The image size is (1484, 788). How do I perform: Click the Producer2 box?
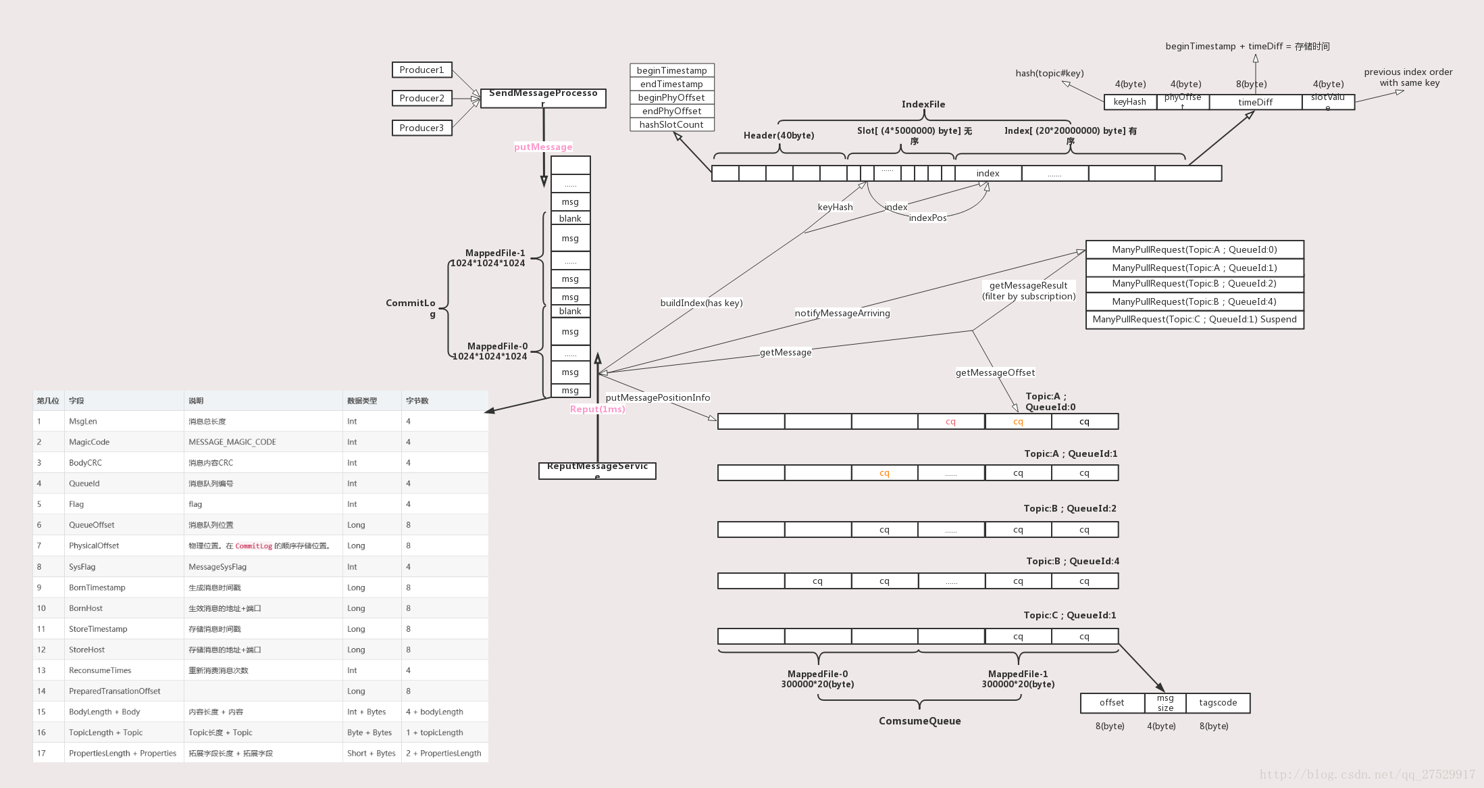point(421,98)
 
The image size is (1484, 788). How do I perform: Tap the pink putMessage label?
point(542,147)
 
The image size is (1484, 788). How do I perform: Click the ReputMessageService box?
point(597,470)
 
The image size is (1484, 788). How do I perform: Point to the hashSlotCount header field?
point(671,124)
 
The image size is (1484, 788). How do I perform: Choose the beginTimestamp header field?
point(671,70)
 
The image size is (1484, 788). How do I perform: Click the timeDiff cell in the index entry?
point(1255,102)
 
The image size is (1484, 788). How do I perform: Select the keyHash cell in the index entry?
point(1129,102)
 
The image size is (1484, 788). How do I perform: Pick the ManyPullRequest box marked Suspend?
point(1194,319)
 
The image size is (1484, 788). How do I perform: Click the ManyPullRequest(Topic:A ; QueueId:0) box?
point(1194,249)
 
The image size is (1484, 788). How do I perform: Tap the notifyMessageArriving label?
point(842,313)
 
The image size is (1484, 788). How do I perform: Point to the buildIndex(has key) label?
point(701,303)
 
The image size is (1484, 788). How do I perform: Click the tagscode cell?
point(1218,703)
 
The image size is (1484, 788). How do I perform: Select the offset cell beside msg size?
point(1112,703)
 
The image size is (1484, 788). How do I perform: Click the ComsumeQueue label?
point(919,721)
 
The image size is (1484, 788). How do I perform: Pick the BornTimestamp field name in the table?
point(97,587)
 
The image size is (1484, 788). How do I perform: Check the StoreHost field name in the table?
point(87,649)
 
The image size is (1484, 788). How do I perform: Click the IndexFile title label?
point(923,104)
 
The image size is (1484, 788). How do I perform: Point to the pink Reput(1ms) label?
point(597,409)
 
